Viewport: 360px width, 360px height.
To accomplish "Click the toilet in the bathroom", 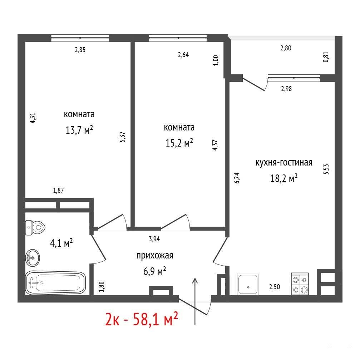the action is pyautogui.click(x=35, y=227).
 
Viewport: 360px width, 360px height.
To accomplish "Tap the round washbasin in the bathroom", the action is pyautogui.click(x=33, y=258).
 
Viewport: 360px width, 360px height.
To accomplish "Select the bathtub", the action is pyautogui.click(x=55, y=283).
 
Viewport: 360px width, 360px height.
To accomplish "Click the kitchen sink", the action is pyautogui.click(x=248, y=284).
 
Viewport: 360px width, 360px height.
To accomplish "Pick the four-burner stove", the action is pyautogui.click(x=300, y=284).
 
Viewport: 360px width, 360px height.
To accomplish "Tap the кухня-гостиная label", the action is pyautogui.click(x=284, y=163).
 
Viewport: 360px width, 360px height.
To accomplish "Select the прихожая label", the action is pyautogui.click(x=155, y=256).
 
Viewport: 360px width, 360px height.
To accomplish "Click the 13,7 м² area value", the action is pyautogui.click(x=79, y=130).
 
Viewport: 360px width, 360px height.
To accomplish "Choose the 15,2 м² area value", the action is pyautogui.click(x=179, y=143).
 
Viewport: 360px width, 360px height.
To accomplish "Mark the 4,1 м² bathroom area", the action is pyautogui.click(x=61, y=243).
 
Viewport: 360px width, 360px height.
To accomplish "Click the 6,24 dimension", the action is pyautogui.click(x=237, y=178).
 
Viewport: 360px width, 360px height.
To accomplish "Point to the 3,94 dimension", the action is pyautogui.click(x=154, y=239).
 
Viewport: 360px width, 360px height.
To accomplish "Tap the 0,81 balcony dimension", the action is pyautogui.click(x=326, y=57).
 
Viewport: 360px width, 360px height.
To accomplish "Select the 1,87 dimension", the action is pyautogui.click(x=58, y=190).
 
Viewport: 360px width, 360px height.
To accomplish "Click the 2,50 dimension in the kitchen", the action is pyautogui.click(x=275, y=287).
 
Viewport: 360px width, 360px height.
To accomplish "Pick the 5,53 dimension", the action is pyautogui.click(x=326, y=169).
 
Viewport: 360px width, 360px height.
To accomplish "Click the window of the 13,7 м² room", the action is pyautogui.click(x=80, y=38).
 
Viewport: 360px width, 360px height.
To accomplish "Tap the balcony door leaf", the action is pyautogui.click(x=254, y=84).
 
